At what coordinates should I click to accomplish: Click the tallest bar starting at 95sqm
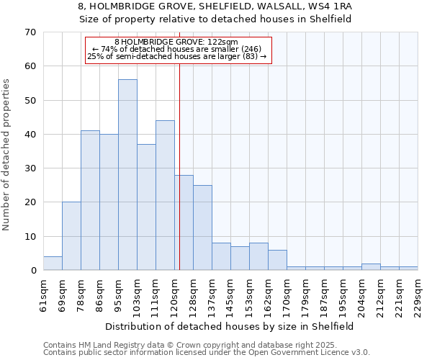point(127,175)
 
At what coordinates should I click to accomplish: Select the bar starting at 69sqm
point(71,236)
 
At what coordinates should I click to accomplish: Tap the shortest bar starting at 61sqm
point(53,264)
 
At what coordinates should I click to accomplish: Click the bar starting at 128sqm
point(202,228)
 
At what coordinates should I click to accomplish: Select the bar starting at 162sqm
point(277,260)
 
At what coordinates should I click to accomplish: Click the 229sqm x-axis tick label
point(418,296)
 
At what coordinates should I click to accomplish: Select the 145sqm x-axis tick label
point(230,296)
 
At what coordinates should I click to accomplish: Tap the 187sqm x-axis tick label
point(324,296)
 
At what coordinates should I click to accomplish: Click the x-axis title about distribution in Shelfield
point(230,326)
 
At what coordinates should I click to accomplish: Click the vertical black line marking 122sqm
point(179,180)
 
